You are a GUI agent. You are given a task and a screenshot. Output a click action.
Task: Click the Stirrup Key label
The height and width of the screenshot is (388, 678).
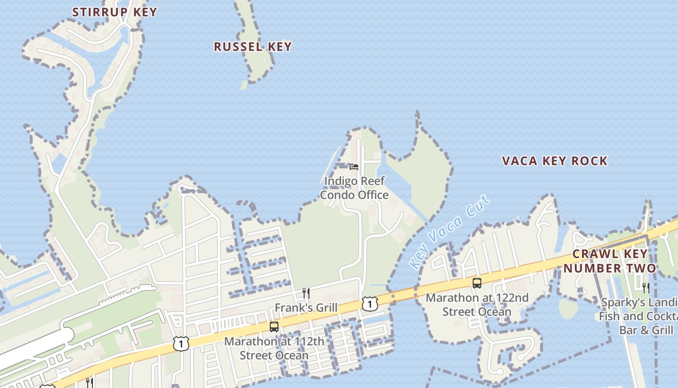(115, 12)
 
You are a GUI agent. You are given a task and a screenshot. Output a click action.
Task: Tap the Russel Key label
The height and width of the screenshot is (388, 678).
(252, 47)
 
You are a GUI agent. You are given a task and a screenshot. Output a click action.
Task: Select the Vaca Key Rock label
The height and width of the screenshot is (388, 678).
(555, 161)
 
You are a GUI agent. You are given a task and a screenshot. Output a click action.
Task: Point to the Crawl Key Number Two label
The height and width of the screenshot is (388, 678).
(610, 261)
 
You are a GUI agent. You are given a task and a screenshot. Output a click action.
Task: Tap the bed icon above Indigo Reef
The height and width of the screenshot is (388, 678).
(354, 167)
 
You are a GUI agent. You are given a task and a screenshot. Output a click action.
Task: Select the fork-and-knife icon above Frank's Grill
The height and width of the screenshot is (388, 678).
(306, 293)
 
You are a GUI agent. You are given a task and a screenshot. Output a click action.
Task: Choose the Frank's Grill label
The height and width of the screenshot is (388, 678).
(306, 307)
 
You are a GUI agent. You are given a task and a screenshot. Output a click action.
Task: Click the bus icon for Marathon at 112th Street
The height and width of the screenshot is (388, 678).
(274, 327)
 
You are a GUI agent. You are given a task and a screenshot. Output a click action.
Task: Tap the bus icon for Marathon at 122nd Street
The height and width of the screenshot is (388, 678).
(477, 283)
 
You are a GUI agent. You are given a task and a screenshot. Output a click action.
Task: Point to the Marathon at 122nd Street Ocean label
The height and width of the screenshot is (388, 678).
(477, 304)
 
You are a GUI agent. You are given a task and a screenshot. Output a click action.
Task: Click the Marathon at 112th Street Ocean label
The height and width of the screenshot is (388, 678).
(274, 348)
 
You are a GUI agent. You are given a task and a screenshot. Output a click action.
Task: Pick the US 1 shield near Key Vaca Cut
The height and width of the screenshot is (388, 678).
(370, 304)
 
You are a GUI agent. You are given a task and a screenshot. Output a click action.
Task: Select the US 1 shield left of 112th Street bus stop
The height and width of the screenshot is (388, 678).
(181, 343)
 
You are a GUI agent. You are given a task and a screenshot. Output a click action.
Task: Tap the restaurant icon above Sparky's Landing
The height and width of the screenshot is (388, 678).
(646, 288)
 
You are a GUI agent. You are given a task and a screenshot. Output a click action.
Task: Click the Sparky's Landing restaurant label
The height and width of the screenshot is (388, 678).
(639, 316)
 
